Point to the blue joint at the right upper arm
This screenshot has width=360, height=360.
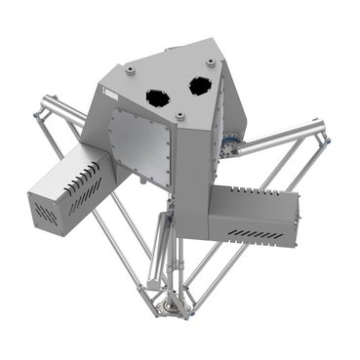pyautogui.click(x=231, y=146)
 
